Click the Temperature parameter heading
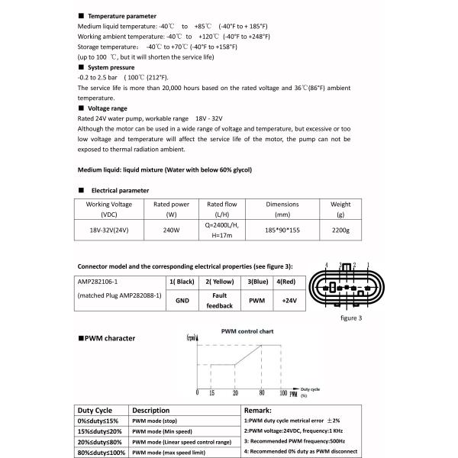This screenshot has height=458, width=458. [x=122, y=16]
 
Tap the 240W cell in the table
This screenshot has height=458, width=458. [x=172, y=230]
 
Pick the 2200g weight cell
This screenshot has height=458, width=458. [x=340, y=230]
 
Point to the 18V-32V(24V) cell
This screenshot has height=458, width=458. [x=108, y=230]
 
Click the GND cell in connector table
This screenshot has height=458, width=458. [x=182, y=301]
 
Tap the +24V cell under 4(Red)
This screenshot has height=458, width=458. [x=288, y=301]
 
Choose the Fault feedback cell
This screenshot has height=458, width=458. [x=219, y=300]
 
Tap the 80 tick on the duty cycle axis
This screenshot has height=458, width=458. [x=262, y=393]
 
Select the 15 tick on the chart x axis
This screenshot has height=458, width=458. [x=210, y=393]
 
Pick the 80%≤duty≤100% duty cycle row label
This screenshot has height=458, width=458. [x=101, y=453]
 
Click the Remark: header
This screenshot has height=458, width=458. [x=257, y=410]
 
